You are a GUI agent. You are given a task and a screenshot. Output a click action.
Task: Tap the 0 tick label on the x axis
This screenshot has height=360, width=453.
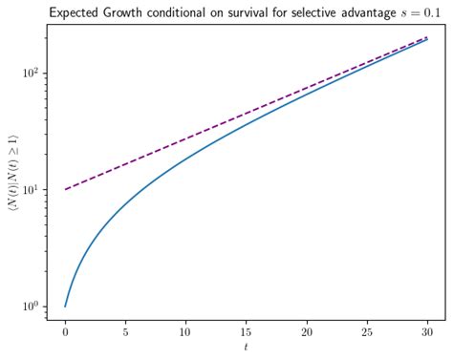65,334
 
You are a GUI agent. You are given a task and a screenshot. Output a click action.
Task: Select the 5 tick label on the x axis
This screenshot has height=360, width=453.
125,334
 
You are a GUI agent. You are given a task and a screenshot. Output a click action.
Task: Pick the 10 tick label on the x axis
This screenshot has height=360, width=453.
185,334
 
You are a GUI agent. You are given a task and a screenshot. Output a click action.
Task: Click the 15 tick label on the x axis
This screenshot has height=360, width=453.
246,334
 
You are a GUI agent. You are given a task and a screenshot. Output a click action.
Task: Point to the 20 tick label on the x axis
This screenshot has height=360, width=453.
306,334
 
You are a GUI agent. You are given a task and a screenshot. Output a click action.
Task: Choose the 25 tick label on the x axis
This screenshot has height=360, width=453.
366,334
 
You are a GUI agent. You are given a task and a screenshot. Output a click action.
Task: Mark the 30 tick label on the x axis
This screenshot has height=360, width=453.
426,334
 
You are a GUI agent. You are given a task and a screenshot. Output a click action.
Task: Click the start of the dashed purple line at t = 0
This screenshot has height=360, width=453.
65,189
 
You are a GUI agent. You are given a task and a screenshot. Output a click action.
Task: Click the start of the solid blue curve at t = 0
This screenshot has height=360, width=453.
65,306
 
